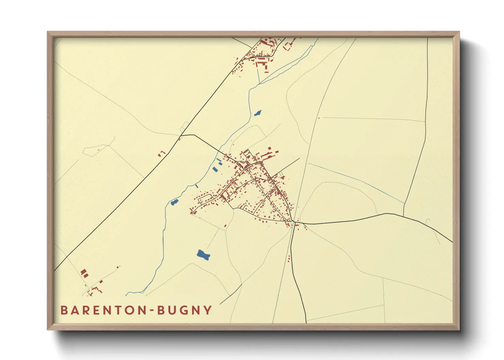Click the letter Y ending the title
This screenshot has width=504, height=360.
pyautogui.click(x=208, y=310)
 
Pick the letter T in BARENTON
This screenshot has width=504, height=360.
pyautogui.click(x=115, y=310)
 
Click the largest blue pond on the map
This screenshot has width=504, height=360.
pyautogui.click(x=203, y=255)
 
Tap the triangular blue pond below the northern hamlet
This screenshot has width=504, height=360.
pyautogui.click(x=257, y=113)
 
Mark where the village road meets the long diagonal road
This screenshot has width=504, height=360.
pyautogui.click(x=180, y=136)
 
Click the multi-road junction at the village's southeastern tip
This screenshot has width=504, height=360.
pyautogui.click(x=293, y=222)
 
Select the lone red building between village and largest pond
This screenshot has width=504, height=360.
pyautogui.click(x=225, y=226)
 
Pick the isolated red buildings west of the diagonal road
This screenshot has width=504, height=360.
pyautogui.click(x=161, y=154)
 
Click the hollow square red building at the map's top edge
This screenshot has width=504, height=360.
pyautogui.click(x=289, y=45)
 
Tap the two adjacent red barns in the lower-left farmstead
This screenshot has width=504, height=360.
pyautogui.click(x=84, y=273)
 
